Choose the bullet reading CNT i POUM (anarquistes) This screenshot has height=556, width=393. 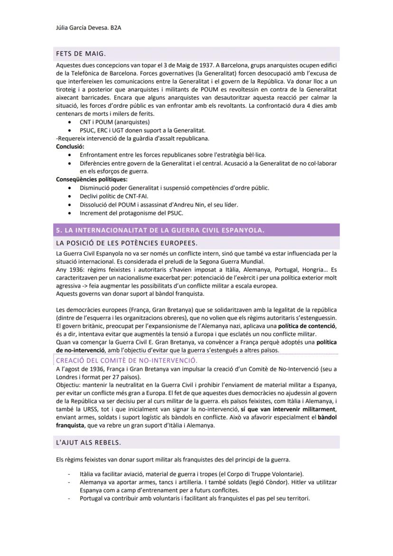pos(108,122)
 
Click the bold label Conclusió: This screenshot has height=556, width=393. pos(70,147)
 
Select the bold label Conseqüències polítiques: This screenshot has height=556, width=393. pos(92,179)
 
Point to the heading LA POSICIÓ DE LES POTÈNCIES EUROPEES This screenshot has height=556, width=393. pos(126,243)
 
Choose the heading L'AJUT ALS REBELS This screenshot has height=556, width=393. pos(88,443)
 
